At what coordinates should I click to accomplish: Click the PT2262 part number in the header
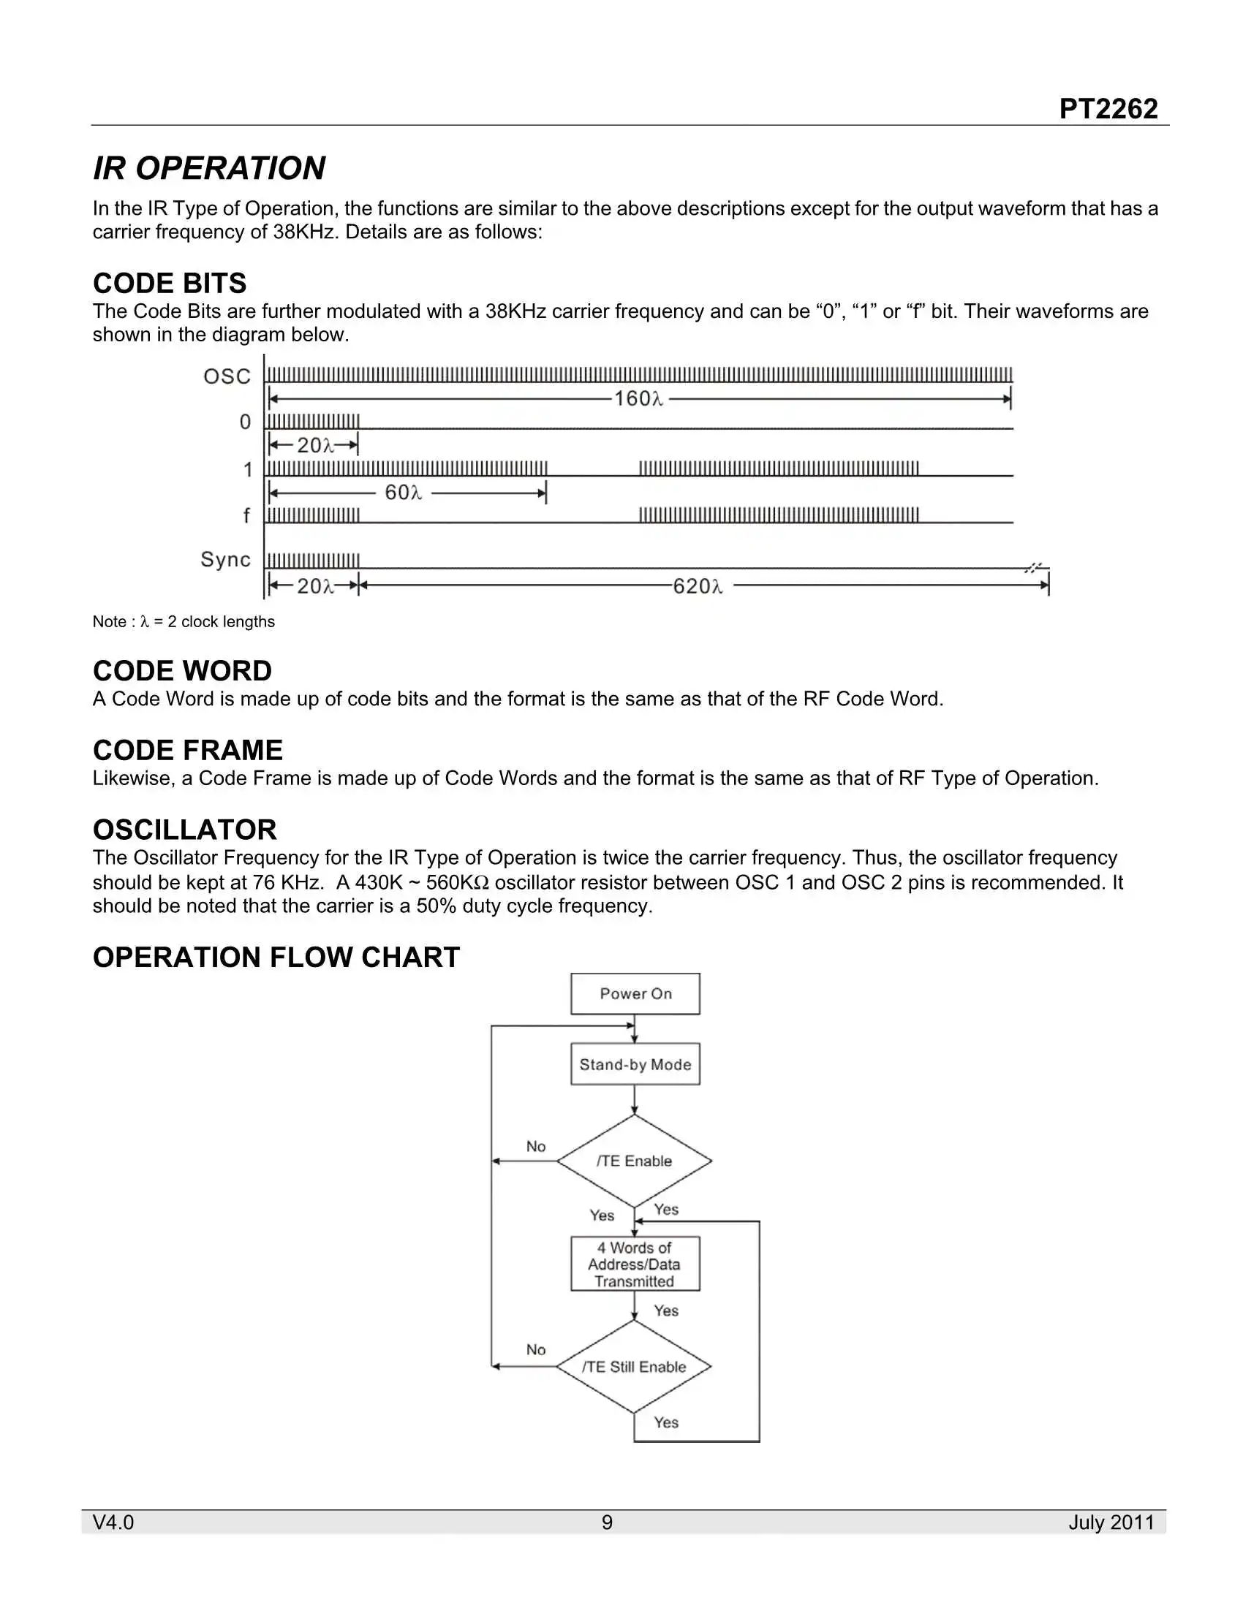(x=1108, y=109)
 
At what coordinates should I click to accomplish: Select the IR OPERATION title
(x=209, y=168)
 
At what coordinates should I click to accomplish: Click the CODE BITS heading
(x=170, y=284)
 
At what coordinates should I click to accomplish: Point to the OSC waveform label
(x=227, y=376)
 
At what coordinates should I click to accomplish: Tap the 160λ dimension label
(x=638, y=399)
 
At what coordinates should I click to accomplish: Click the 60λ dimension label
(x=403, y=493)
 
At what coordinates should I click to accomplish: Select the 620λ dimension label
(x=698, y=586)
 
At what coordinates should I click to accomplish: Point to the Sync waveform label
(x=225, y=560)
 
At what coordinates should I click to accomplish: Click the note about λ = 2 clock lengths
(x=184, y=621)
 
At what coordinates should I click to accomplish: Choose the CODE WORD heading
(x=182, y=671)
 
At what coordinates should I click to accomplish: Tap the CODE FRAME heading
(x=188, y=750)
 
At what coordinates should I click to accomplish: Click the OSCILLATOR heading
(x=185, y=830)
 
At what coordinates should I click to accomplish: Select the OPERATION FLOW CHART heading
(x=276, y=957)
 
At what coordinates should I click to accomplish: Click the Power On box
(x=635, y=994)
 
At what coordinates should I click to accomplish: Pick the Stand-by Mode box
(x=635, y=1064)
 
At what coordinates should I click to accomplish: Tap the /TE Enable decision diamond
(x=634, y=1161)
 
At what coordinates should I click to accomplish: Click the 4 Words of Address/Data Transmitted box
(x=635, y=1264)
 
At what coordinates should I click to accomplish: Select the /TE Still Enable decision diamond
(x=634, y=1367)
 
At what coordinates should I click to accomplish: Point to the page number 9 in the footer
(x=607, y=1522)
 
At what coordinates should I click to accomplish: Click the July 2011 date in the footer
(x=1111, y=1522)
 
